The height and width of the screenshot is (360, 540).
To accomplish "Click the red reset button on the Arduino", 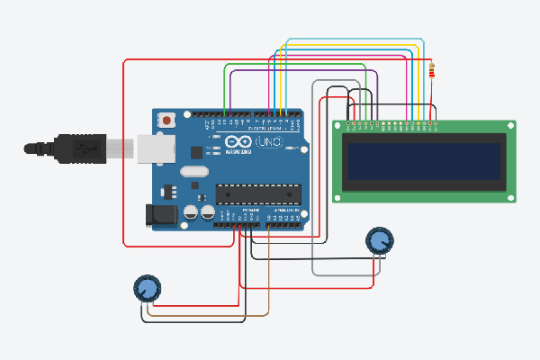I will [167, 120].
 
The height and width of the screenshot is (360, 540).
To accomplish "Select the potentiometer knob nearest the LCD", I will [380, 240].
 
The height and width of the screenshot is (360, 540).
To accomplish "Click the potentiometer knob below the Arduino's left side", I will [146, 288].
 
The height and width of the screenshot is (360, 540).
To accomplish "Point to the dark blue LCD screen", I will [422, 161].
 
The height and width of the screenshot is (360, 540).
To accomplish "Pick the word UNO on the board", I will [270, 143].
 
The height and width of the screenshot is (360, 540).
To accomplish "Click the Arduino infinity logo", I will [237, 143].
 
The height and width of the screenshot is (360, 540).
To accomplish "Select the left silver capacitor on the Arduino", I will [192, 213].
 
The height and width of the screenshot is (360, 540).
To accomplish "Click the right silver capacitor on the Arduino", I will [208, 213].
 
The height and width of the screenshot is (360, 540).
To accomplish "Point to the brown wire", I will [207, 316].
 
